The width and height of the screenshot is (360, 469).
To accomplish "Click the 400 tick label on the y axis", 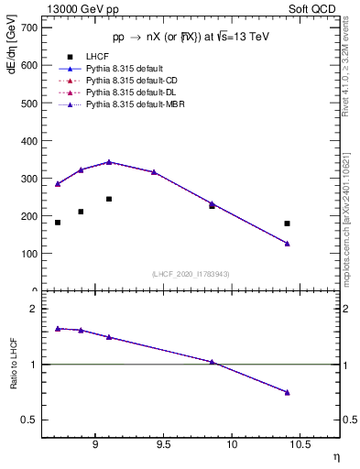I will tap(28, 141).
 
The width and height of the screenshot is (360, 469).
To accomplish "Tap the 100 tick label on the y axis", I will tap(28, 254).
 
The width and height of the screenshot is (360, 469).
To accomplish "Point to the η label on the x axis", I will tap(335, 455).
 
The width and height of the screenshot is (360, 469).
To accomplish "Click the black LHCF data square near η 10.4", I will tap(287, 224).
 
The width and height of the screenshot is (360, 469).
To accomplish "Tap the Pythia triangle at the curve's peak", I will tap(109, 162).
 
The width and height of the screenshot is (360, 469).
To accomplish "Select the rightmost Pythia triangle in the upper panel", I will tap(287, 243).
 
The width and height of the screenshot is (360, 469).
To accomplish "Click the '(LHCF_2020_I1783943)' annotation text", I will tap(191, 274).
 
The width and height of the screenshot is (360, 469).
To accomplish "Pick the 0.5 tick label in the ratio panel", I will tap(31, 420).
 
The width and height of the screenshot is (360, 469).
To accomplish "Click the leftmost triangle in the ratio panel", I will tap(58, 328).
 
